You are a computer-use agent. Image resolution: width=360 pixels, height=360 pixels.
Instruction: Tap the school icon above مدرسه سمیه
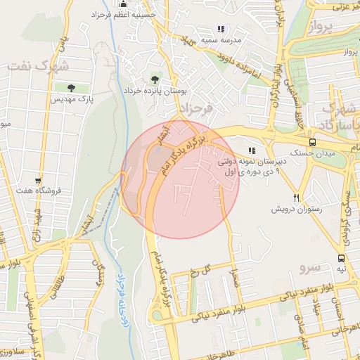click(x=221, y=30)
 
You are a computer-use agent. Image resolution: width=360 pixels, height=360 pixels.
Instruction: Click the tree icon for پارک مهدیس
click(x=72, y=88)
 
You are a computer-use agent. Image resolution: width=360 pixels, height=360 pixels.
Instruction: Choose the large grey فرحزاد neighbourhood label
click(x=196, y=109)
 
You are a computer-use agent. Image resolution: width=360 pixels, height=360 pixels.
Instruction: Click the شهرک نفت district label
click(x=39, y=66)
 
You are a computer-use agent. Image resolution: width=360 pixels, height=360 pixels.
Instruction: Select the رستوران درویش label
click(x=297, y=210)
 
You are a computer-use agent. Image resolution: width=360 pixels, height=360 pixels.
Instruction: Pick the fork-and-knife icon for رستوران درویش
click(x=297, y=198)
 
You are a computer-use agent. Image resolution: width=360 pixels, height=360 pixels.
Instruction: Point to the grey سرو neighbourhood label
click(x=309, y=268)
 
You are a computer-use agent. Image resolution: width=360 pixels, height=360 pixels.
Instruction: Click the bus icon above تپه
click(x=341, y=258)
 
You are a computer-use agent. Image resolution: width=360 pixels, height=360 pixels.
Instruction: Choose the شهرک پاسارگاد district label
click(x=336, y=118)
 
